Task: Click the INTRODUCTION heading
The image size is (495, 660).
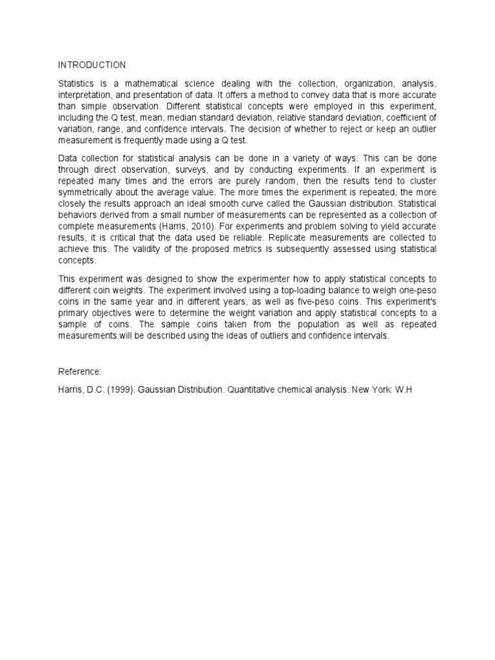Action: pyautogui.click(x=92, y=65)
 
